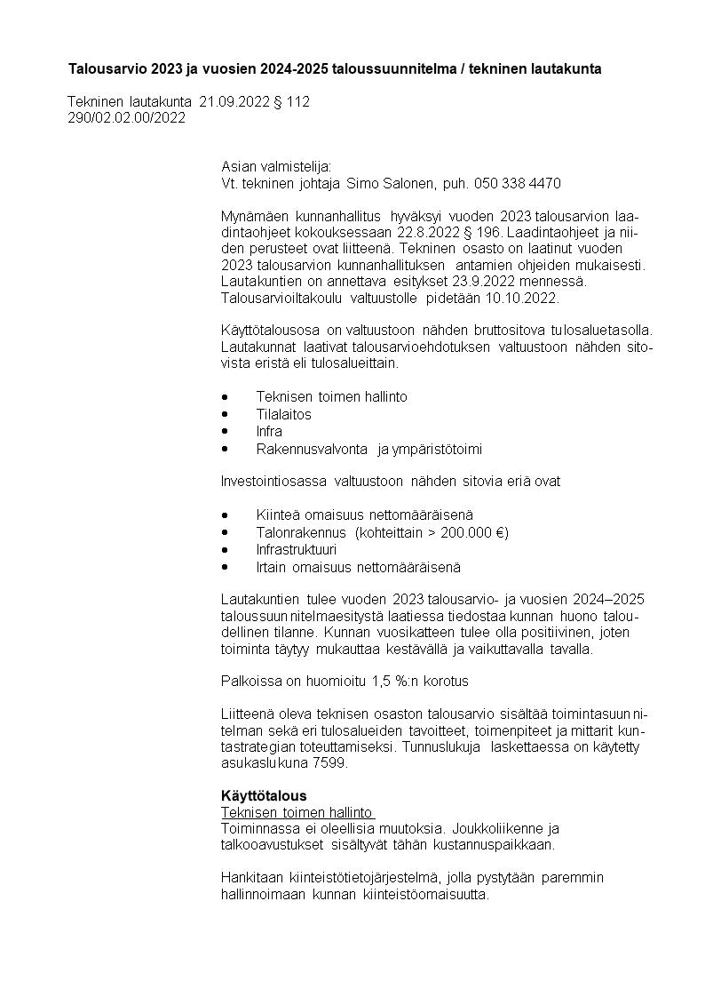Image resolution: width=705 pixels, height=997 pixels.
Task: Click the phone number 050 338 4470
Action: [x=518, y=184]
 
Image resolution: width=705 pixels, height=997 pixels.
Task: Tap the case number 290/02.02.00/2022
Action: [x=127, y=118]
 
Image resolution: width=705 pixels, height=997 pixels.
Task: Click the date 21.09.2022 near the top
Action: [x=234, y=102]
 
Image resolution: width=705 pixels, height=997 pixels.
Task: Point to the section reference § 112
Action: [x=289, y=102]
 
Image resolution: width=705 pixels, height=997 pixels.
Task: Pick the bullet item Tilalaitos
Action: [x=284, y=414]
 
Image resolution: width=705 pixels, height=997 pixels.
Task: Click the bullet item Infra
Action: [x=269, y=432]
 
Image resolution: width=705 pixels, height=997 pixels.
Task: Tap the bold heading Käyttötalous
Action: [x=264, y=795]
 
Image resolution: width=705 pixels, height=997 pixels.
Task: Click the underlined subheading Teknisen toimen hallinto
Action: [x=297, y=812]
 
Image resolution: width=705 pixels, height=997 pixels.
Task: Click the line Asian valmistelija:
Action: [x=275, y=166]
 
